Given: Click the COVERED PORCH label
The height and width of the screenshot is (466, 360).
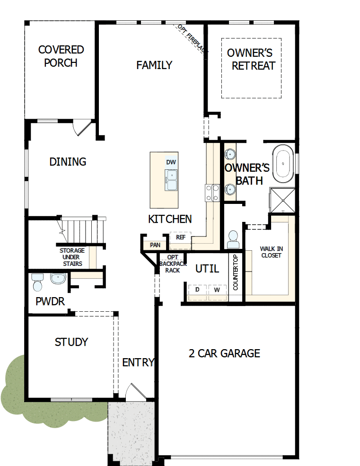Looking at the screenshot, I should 61,56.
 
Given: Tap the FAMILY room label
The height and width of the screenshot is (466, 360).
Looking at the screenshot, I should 154,65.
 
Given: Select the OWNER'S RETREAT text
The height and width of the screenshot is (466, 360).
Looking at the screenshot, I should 250,59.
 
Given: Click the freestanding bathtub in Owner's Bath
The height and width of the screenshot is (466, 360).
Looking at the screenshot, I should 283,164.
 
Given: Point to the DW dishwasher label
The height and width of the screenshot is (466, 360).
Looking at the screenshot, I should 171,162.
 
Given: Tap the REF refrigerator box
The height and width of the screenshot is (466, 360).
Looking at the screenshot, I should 180,237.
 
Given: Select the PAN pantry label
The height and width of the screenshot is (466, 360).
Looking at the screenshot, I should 155,245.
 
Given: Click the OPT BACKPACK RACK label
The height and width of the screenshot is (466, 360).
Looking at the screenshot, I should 169,264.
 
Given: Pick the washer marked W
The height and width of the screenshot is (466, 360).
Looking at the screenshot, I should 217,290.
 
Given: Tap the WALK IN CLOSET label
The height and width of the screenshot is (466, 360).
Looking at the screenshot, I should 271,252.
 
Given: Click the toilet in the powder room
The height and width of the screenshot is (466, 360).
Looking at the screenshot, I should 37,282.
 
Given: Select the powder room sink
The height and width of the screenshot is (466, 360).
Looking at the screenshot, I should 58,279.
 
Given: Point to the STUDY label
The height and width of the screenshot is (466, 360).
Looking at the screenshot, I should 71,342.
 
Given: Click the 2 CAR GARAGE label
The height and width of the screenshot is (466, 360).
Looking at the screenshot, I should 224,353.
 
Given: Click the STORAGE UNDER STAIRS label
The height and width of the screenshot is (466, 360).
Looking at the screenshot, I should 72,257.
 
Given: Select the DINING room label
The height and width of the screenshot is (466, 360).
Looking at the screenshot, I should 68,162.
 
